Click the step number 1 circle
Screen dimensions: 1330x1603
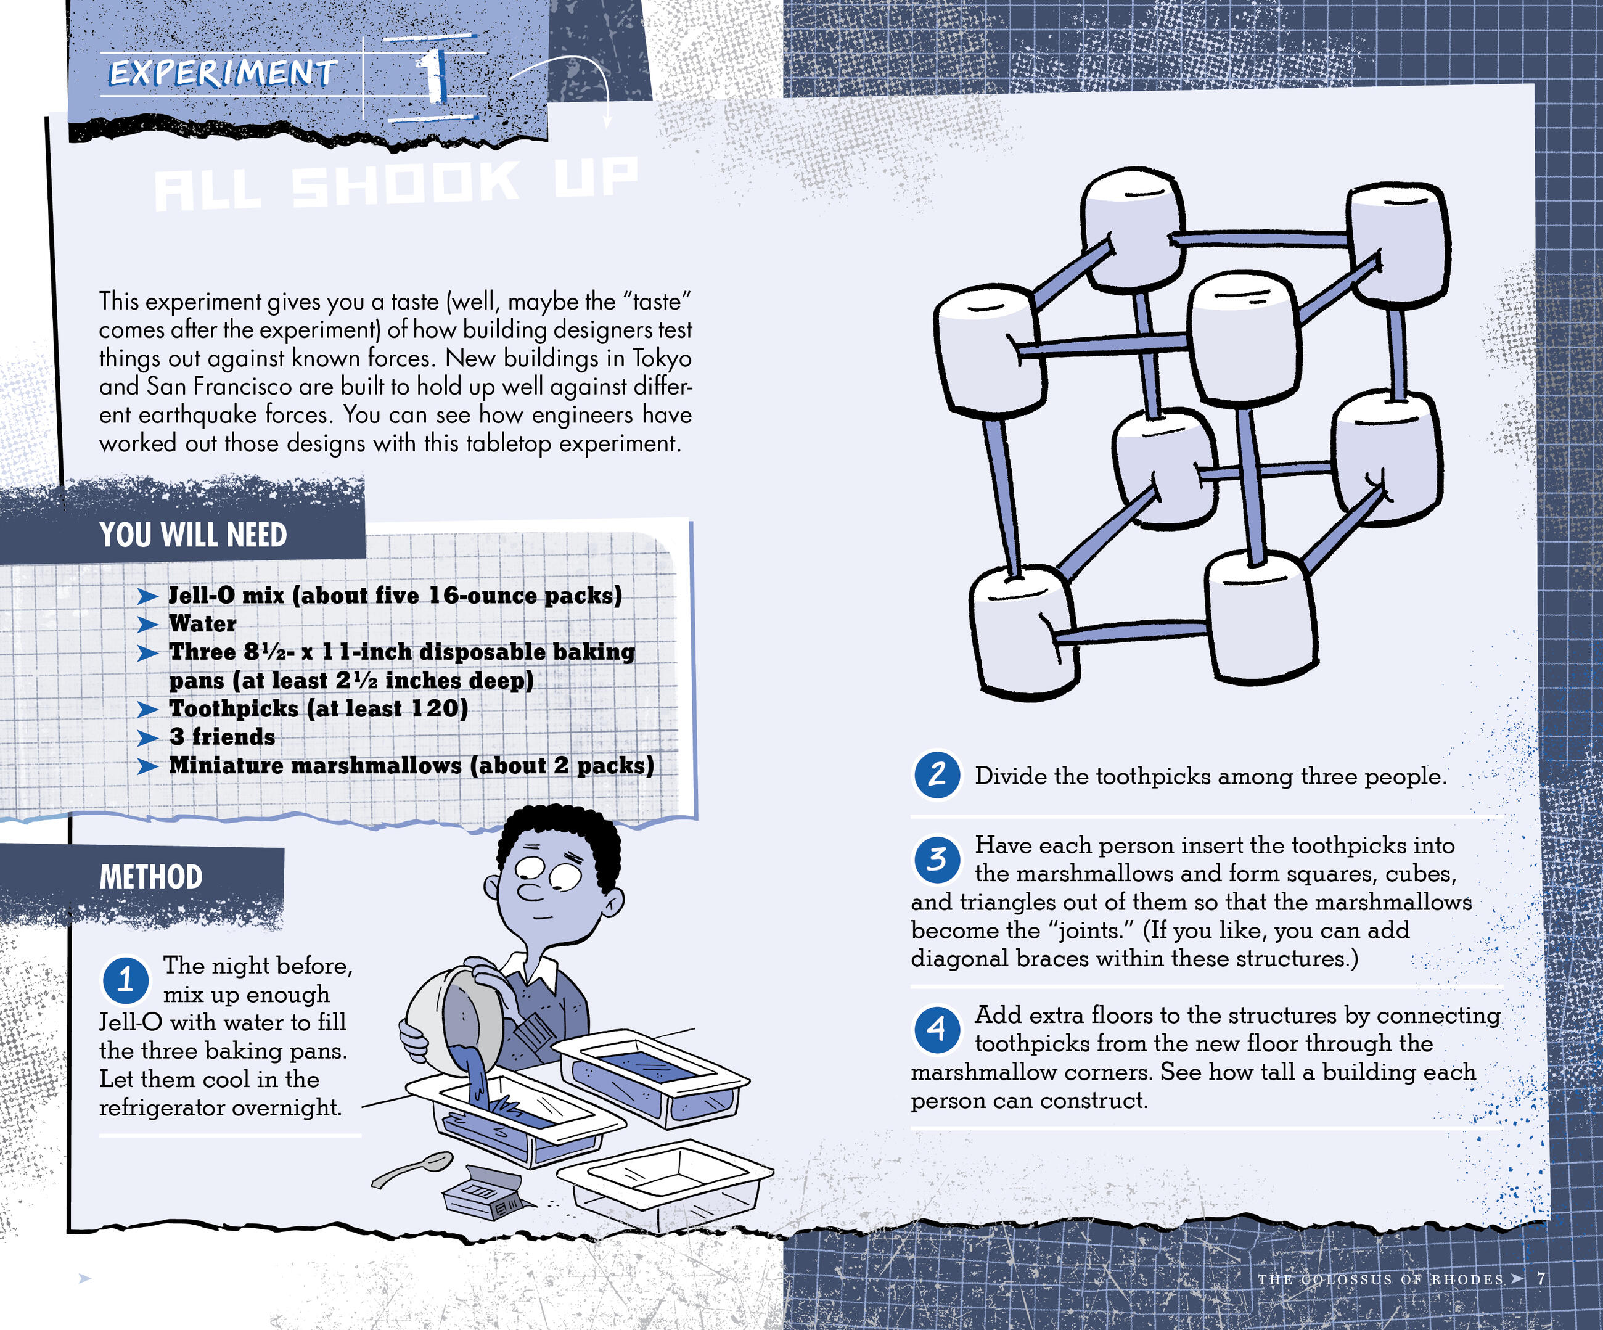(x=126, y=980)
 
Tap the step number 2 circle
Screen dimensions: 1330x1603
(x=937, y=776)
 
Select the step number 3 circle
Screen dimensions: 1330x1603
(x=937, y=859)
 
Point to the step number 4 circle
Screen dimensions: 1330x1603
(x=937, y=1028)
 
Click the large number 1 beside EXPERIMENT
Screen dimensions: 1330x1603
(x=433, y=76)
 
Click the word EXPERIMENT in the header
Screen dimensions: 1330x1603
(x=222, y=74)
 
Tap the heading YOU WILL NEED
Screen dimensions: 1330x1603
(x=193, y=535)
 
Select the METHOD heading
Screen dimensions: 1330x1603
(x=151, y=877)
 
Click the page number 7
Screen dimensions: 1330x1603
(x=1542, y=1278)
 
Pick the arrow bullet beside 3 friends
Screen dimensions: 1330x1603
(x=147, y=737)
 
